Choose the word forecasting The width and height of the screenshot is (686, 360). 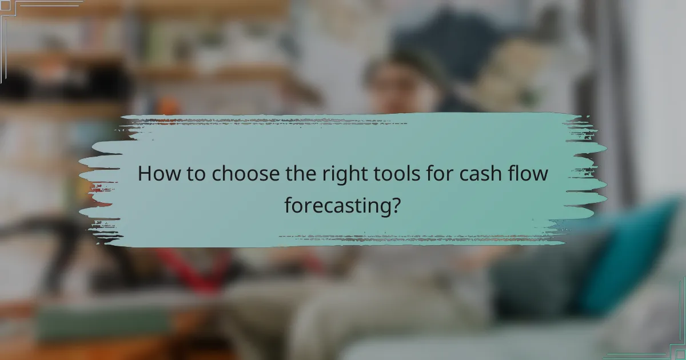click(336, 205)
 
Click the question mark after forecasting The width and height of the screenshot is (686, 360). click(394, 205)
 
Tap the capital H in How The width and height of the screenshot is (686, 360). click(146, 174)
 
